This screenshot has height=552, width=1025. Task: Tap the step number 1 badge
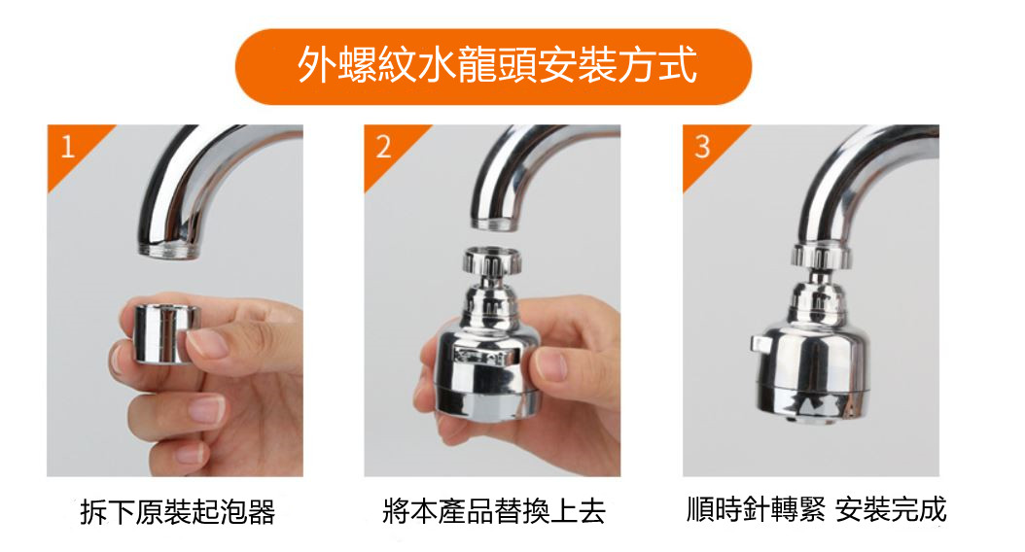tap(67, 147)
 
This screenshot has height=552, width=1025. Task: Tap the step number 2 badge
tap(383, 147)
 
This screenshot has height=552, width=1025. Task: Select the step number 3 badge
tap(701, 147)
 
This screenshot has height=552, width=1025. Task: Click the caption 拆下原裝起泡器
tap(177, 512)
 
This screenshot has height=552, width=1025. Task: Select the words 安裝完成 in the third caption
tap(891, 509)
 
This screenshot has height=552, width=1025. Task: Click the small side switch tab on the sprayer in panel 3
tap(758, 343)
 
